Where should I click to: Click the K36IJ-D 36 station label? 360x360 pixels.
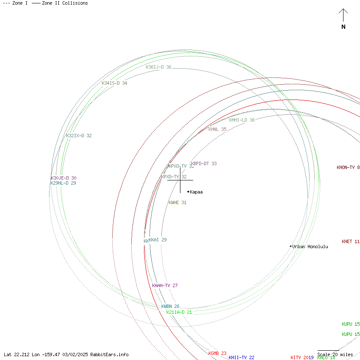point(158,67)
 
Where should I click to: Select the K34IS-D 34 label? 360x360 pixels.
point(114,83)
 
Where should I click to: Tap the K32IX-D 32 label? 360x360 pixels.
point(79,136)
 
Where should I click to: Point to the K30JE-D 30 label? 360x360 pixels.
point(64,178)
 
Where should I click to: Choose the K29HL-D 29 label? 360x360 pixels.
point(63,183)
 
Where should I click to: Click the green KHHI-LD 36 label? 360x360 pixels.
point(242,120)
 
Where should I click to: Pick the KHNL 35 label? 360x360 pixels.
point(217,129)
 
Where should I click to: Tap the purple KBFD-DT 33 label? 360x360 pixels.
point(204,163)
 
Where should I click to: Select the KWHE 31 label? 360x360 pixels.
point(177,202)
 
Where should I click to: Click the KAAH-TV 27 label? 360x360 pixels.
point(165,285)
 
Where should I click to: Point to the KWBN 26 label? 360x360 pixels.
point(170,306)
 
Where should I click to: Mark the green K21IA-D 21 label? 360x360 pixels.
point(179,312)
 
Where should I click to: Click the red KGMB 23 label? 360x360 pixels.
point(217,353)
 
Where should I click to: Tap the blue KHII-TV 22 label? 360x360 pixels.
point(241,357)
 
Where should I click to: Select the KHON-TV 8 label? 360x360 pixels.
point(348,167)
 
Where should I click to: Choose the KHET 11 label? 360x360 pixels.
point(351,241)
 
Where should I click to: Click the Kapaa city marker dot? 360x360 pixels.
point(188,191)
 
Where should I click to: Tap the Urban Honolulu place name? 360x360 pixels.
point(310,246)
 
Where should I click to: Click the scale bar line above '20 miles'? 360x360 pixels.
point(328,351)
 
